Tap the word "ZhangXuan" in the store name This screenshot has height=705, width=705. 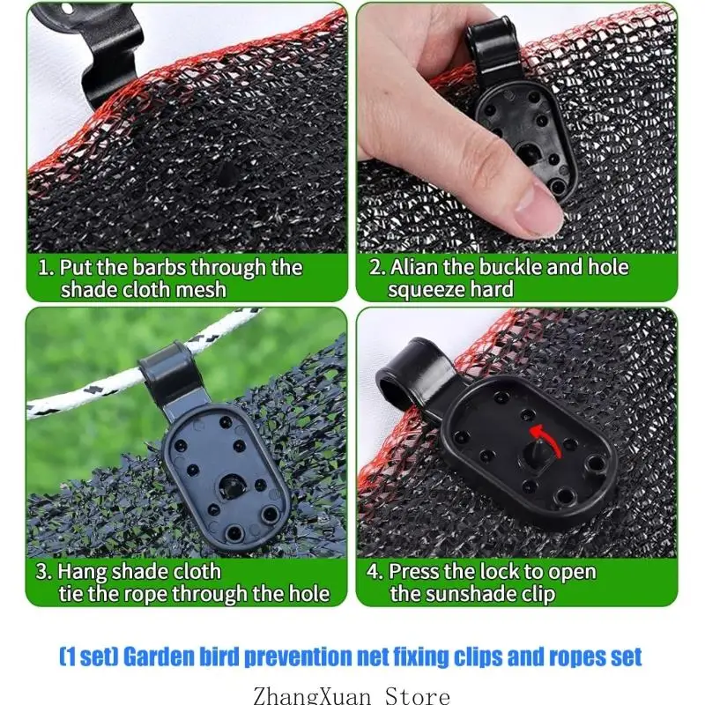pyautogui.click(x=312, y=695)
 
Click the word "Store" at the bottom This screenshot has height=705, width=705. pyautogui.click(x=417, y=695)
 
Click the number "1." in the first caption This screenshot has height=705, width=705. pyautogui.click(x=47, y=268)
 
